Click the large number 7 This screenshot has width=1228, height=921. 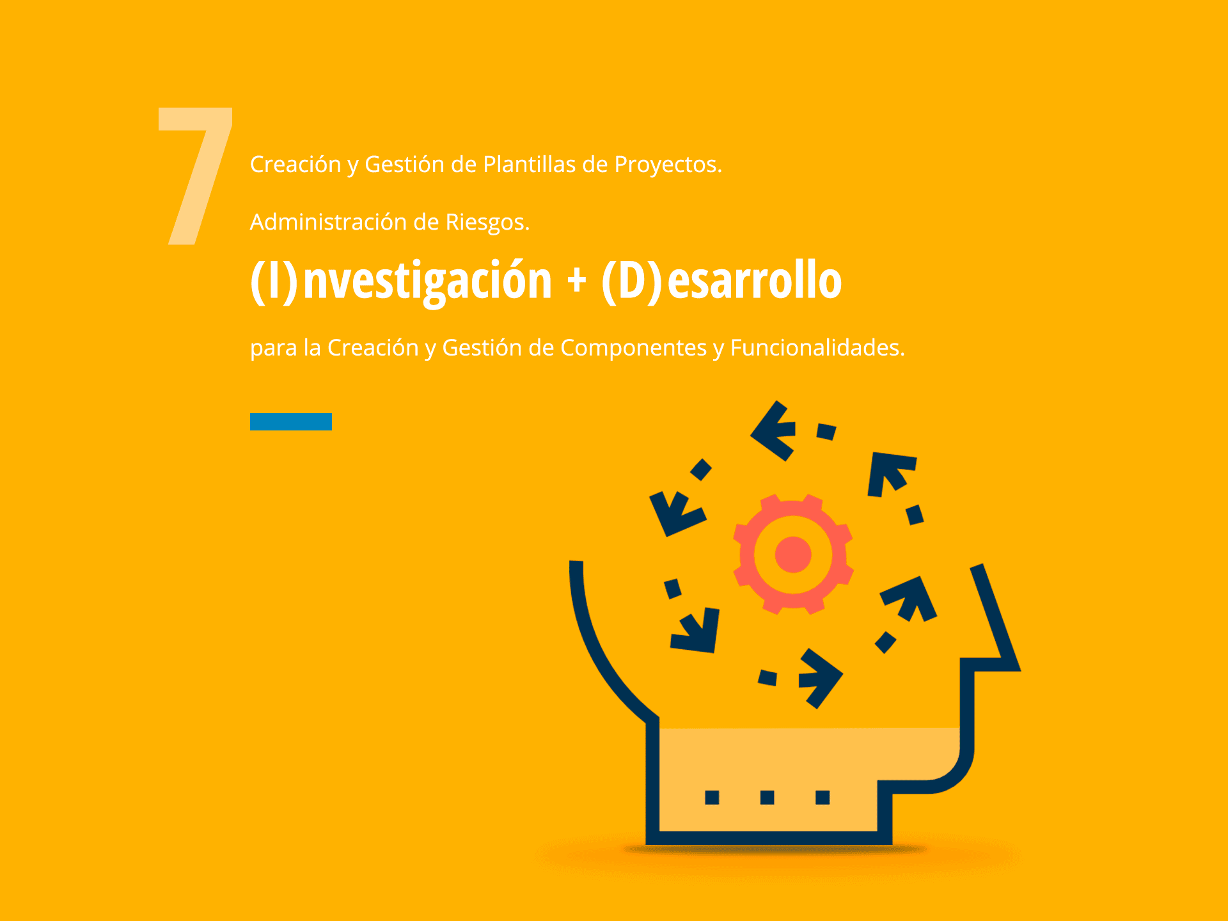(195, 176)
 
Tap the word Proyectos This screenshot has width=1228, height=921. (668, 165)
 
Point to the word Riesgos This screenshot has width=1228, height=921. (487, 223)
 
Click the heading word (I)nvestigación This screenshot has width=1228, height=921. (401, 281)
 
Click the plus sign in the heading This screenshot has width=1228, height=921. (576, 281)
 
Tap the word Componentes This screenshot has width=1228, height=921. (633, 348)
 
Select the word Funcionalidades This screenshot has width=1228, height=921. (817, 347)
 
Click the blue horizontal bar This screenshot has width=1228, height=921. (291, 421)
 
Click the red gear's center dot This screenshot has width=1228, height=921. (793, 554)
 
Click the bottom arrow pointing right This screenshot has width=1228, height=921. (821, 678)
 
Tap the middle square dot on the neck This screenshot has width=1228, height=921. (767, 797)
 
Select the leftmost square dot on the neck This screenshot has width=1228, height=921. (712, 797)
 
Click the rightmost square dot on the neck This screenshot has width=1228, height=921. (823, 797)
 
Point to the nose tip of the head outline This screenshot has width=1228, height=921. (1018, 669)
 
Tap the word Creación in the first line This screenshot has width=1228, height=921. (295, 164)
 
